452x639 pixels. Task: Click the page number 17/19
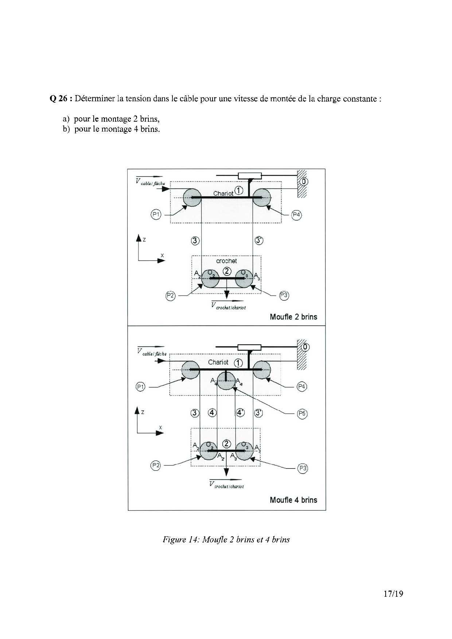click(x=393, y=594)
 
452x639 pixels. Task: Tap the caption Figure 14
click(x=226, y=540)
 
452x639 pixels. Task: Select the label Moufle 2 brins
click(x=293, y=317)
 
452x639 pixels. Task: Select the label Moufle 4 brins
click(x=293, y=500)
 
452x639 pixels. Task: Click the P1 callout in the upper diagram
click(x=156, y=215)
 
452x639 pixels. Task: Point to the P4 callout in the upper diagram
click(x=297, y=215)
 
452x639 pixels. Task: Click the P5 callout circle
click(x=302, y=413)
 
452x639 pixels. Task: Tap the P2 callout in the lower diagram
click(x=156, y=465)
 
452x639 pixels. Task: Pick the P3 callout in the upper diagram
click(x=284, y=295)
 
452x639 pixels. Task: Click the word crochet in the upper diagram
click(x=226, y=261)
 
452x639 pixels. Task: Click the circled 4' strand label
click(x=240, y=413)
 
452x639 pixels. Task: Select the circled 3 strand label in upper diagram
click(x=195, y=240)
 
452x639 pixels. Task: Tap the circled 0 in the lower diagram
click(x=305, y=347)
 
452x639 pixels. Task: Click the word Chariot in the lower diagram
click(x=218, y=362)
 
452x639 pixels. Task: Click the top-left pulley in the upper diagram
click(x=192, y=197)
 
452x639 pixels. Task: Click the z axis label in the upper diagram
click(x=144, y=240)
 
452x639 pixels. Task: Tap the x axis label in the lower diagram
click(x=160, y=427)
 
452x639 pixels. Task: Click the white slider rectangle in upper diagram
click(x=250, y=176)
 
